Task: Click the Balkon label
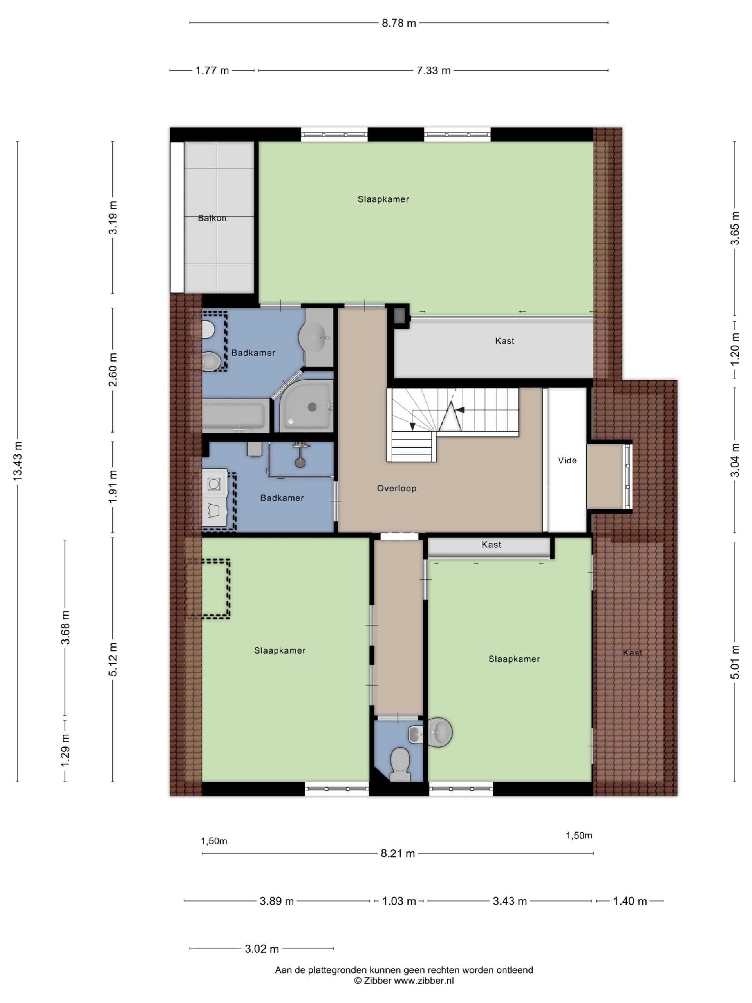[x=211, y=218]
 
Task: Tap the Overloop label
[x=397, y=488]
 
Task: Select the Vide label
[x=567, y=461]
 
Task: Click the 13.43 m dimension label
[x=17, y=461]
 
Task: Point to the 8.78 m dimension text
[x=399, y=23]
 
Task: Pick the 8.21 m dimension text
[x=398, y=854]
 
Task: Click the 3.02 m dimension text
[x=262, y=949]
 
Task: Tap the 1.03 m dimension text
[x=399, y=902]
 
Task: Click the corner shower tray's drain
[x=312, y=407]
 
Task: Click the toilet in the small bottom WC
[x=400, y=764]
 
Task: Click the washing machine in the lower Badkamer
[x=214, y=484]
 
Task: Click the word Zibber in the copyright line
[x=377, y=981]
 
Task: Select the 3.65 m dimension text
[x=735, y=228]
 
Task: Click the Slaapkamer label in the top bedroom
[x=383, y=199]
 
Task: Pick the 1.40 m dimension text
[x=630, y=902]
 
